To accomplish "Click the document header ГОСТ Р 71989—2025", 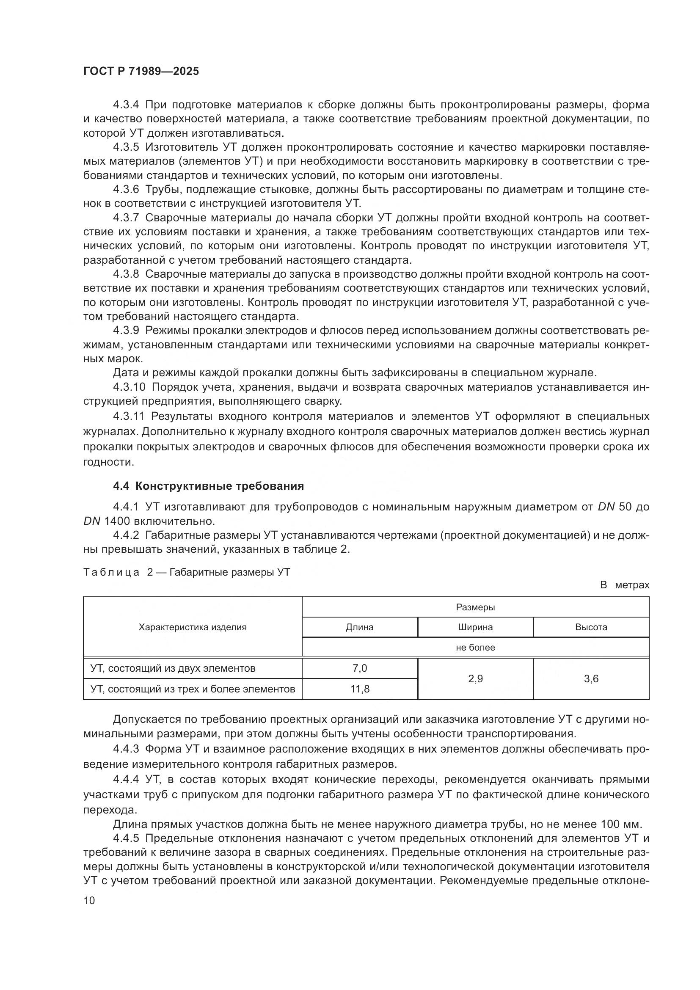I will (141, 72).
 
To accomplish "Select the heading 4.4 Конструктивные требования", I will (208, 486).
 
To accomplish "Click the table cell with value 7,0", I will (359, 668).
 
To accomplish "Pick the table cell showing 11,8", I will (359, 689).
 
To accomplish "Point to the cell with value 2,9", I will (475, 678).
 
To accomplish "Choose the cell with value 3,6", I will (591, 678).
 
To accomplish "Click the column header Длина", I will (359, 627).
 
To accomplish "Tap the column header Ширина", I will (475, 627).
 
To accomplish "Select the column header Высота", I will (591, 627).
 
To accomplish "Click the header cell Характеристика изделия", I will (193, 627).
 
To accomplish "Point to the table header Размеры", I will (475, 607).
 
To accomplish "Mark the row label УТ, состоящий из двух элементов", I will (173, 668).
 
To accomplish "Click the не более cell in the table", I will (475, 647).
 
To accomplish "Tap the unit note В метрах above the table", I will (625, 585).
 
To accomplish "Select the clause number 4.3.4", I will (126, 105).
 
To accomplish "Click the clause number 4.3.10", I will (129, 387).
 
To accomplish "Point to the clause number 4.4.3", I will (126, 749).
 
